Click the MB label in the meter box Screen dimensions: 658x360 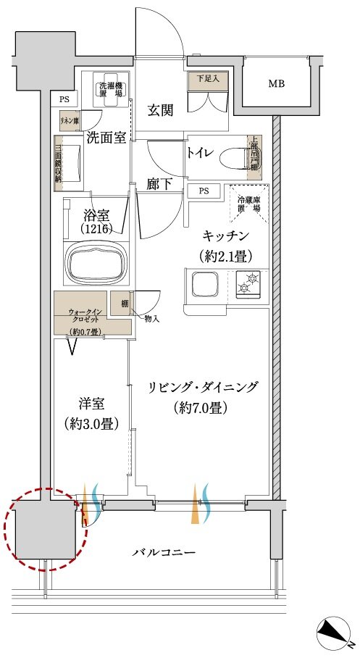coord(277,84)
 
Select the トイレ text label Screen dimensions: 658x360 coord(200,153)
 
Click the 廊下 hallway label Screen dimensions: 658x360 coord(159,185)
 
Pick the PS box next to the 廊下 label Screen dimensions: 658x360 coord(204,191)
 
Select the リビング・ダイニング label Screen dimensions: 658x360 coord(202,387)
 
